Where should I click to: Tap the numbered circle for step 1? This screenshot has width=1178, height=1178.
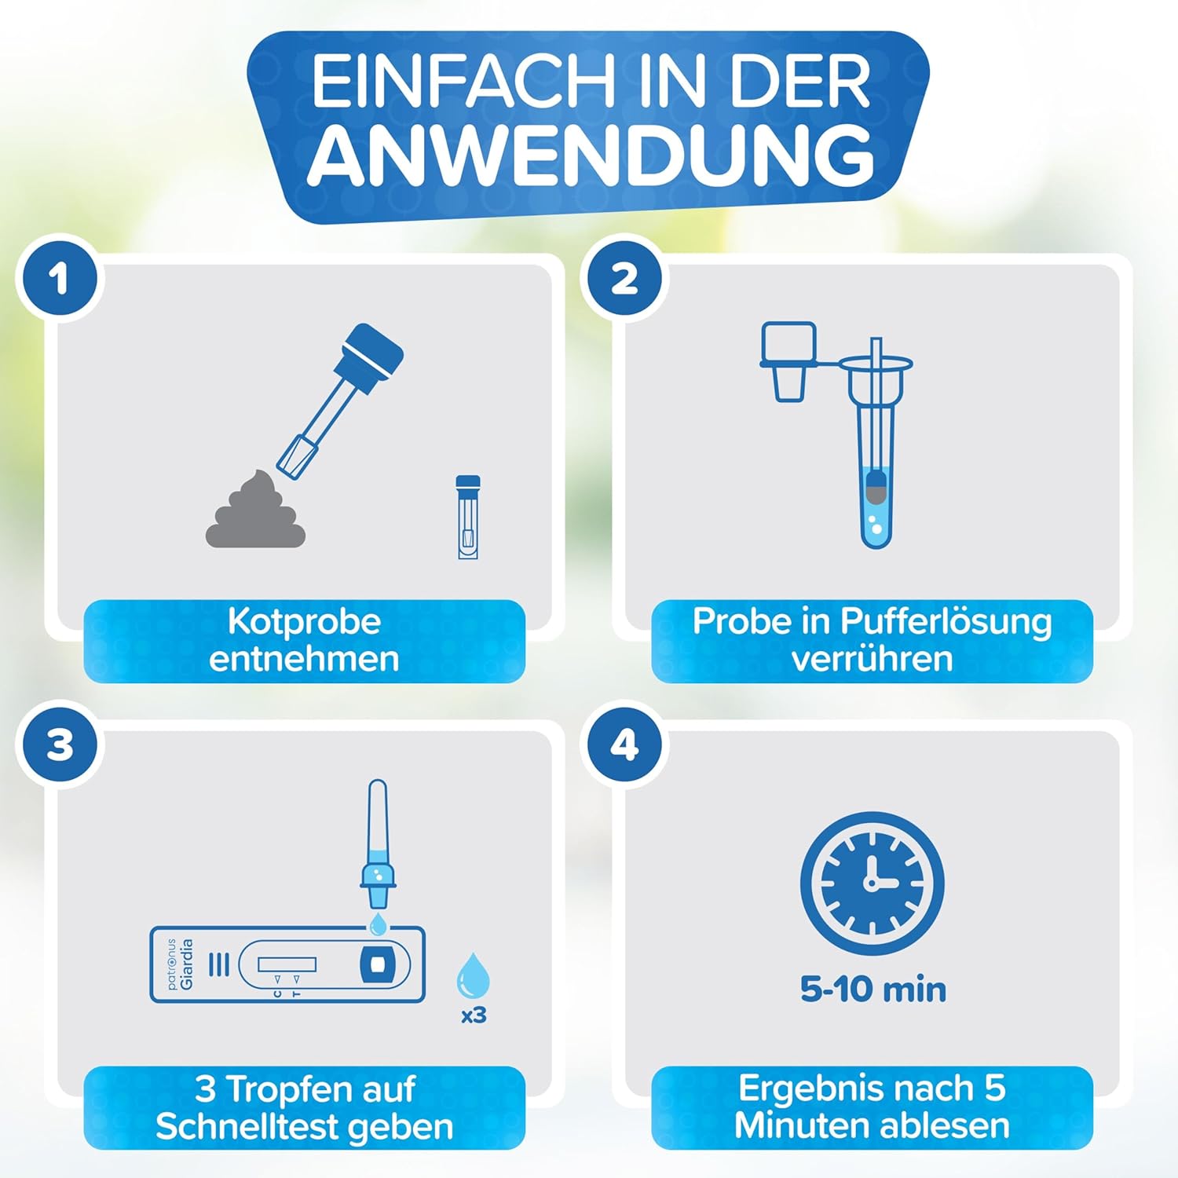coord(60,279)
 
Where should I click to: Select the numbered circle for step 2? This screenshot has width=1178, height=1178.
coord(624,279)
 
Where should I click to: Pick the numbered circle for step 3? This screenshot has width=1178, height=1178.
coord(60,745)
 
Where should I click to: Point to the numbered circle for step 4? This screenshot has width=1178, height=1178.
coord(624,745)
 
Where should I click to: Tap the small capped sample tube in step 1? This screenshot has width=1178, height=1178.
coord(468,517)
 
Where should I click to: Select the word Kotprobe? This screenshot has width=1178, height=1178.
coord(304,622)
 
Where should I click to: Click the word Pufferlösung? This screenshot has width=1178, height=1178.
coord(946,622)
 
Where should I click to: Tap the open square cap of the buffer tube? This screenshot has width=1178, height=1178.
coord(788,361)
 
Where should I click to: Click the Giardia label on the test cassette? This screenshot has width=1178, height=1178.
coord(187,964)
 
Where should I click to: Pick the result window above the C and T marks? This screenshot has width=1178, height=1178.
coord(287,964)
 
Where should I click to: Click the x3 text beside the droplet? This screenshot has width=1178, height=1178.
coord(474,1015)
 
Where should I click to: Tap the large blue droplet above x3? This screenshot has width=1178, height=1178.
coord(474,976)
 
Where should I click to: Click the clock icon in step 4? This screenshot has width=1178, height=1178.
coord(872,883)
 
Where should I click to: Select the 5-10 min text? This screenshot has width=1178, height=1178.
coord(873,990)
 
